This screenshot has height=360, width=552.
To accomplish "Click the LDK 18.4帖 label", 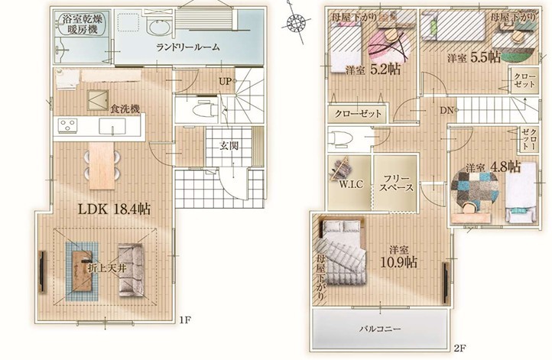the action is [x=114, y=209].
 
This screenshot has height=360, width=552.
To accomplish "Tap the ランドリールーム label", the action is [x=188, y=47].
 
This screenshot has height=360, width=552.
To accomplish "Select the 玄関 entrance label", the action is [x=229, y=145].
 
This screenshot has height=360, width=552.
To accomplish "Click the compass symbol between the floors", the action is [x=294, y=23].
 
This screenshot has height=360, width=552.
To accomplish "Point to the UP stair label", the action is [x=225, y=82].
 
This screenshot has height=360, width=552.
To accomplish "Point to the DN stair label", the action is [x=446, y=111].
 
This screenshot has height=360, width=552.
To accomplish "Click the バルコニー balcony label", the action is [x=380, y=329].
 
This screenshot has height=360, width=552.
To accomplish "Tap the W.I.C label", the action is [x=351, y=184].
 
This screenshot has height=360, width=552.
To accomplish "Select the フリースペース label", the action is [x=396, y=183].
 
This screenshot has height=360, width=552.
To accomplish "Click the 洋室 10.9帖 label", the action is [x=399, y=258].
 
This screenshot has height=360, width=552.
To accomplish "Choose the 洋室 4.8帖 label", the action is [x=493, y=167].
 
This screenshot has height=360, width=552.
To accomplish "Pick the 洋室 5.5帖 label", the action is [x=474, y=57].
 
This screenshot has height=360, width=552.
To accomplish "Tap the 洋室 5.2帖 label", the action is [x=373, y=70].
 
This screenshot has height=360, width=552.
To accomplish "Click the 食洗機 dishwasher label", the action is [x=125, y=109].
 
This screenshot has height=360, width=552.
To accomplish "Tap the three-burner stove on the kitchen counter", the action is [x=67, y=125].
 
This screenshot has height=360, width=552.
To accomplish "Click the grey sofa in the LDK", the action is [x=132, y=270].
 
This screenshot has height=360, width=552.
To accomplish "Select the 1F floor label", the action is [x=185, y=320].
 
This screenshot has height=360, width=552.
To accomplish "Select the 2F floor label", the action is [x=459, y=349].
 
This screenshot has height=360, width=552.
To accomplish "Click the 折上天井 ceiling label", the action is [x=107, y=268].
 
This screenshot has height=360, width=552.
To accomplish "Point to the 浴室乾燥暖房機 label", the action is [x=83, y=24].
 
